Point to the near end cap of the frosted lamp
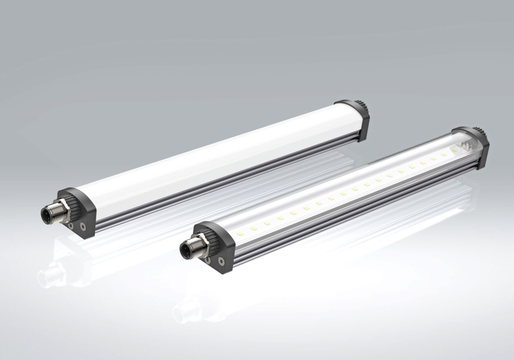(x=80, y=212)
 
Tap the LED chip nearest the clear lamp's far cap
(x=444, y=155)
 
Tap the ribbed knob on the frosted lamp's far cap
(x=363, y=106)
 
